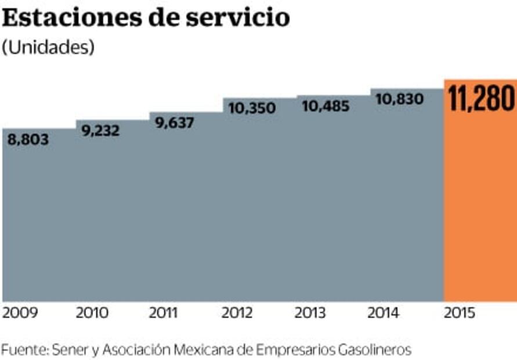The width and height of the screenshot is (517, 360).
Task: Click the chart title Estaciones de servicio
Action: (x=146, y=19)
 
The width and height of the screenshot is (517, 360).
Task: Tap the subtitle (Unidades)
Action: (x=48, y=48)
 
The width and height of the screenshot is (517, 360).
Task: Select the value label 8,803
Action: (x=28, y=140)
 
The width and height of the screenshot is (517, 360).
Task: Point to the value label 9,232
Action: (x=100, y=131)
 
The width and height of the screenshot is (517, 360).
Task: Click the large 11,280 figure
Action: (x=480, y=99)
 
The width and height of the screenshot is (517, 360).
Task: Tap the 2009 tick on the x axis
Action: (x=20, y=314)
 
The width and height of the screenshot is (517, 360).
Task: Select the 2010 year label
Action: (x=92, y=314)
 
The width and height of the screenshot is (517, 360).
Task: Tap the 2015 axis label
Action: (x=460, y=314)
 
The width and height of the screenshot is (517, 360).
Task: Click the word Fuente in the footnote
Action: (x=24, y=350)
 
